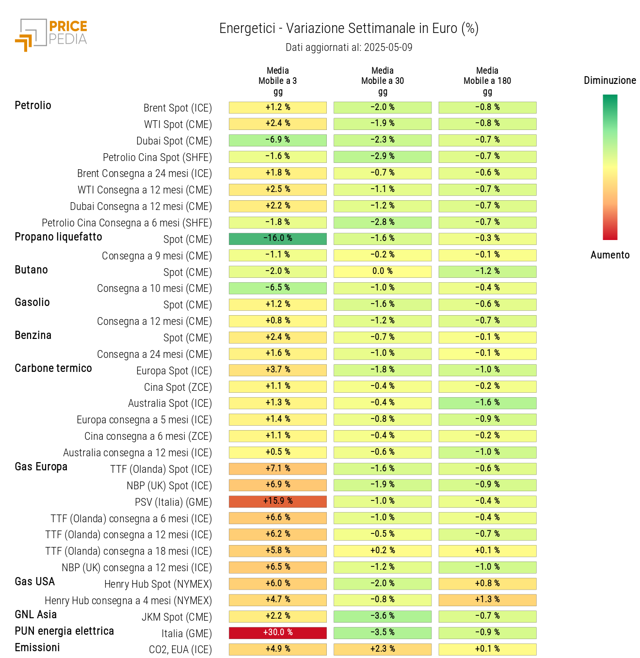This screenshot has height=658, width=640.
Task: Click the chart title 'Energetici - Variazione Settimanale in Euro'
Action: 349,29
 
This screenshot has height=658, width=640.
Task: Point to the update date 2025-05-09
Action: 388,48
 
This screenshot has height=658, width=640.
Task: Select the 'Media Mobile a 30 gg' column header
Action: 383,81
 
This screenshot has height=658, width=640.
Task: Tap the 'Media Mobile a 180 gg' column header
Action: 487,81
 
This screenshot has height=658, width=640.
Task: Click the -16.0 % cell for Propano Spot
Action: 278,239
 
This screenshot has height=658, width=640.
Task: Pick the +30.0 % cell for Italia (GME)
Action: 278,633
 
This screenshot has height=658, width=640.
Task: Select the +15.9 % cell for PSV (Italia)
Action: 278,501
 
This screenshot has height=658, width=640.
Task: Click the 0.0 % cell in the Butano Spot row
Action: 383,272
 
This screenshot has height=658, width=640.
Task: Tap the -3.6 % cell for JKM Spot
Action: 383,616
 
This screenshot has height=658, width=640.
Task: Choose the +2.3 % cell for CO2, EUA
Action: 383,649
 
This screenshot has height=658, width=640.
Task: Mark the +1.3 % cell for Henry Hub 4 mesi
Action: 487,600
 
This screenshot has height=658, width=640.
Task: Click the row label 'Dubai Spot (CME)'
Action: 174,141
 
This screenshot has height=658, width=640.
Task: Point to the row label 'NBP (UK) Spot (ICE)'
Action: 169,486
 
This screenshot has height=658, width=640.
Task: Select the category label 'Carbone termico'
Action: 53,369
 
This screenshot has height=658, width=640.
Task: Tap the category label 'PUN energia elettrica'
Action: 64,631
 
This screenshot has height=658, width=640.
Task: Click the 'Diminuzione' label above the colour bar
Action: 609,80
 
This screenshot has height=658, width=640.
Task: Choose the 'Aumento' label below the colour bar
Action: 609,255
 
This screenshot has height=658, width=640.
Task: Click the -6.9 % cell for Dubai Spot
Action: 278,140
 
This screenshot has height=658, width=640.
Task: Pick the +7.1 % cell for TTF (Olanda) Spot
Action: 278,469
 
